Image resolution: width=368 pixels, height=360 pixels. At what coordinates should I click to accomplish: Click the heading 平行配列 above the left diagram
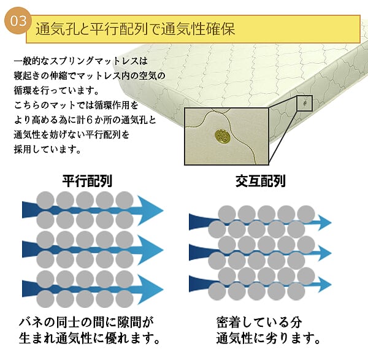[x=87, y=181]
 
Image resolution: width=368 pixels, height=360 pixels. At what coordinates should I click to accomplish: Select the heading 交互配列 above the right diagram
[x=261, y=181]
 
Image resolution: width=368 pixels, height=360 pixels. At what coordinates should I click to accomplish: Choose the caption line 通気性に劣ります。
[x=269, y=338]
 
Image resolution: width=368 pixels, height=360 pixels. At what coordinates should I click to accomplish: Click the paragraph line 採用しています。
[x=45, y=149]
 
